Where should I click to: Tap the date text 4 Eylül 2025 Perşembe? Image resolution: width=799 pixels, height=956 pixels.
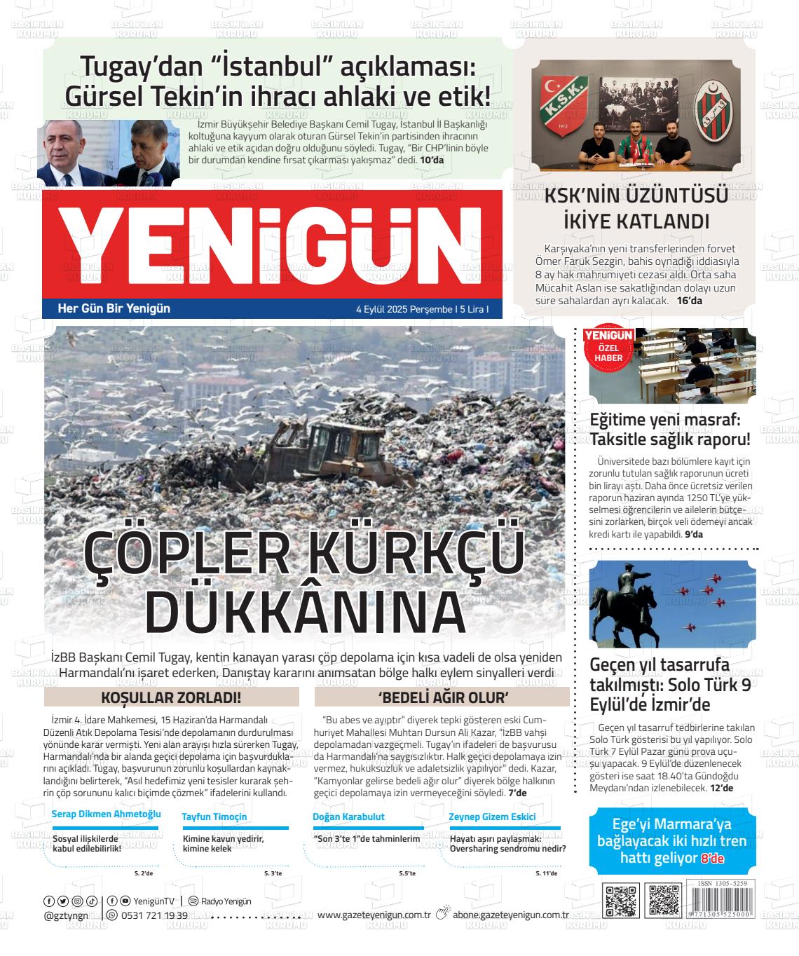[403, 308]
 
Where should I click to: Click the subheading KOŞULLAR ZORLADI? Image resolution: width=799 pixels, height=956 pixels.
[171, 697]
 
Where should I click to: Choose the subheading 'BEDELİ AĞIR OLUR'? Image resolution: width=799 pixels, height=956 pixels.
[442, 697]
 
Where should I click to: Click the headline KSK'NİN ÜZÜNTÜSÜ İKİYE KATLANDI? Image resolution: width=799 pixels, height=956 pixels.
[636, 209]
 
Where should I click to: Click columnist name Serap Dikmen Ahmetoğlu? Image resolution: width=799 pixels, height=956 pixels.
[107, 814]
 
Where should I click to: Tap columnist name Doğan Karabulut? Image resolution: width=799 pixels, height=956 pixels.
[348, 817]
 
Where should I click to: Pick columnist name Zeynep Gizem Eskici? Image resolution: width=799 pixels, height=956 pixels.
[492, 817]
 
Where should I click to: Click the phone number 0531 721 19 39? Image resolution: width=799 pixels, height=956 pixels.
[154, 915]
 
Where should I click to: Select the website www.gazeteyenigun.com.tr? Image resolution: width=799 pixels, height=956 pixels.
[374, 915]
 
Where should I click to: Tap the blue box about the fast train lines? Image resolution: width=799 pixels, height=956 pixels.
[671, 840]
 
